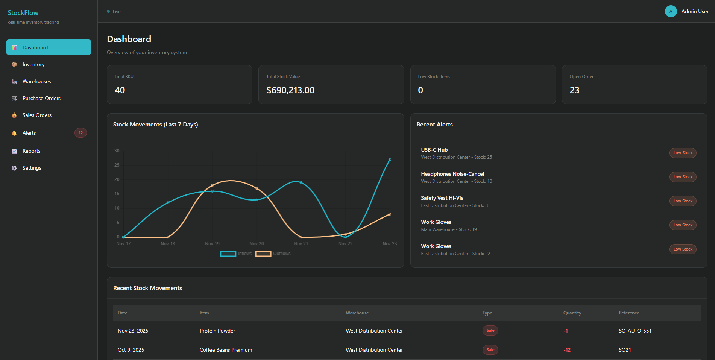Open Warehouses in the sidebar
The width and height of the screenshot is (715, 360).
(x=36, y=81)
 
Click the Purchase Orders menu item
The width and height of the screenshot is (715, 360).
(x=41, y=98)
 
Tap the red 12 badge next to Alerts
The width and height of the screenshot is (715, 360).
(x=80, y=133)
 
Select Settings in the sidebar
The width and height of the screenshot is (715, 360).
(x=32, y=168)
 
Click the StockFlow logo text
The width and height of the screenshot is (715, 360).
(x=23, y=13)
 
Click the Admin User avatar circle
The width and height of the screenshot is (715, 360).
(x=671, y=11)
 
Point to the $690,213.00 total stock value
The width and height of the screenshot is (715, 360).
(x=290, y=90)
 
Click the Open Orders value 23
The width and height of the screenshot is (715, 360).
(x=574, y=90)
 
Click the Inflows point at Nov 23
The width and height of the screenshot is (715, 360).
(x=390, y=159)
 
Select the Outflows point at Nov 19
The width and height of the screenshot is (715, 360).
(x=212, y=185)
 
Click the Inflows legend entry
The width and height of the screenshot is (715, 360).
(x=236, y=254)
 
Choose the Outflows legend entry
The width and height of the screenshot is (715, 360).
(x=273, y=254)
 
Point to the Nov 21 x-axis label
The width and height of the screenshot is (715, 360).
(x=301, y=244)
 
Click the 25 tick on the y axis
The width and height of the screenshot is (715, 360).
(x=117, y=165)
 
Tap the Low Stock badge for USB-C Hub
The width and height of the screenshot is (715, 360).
(x=683, y=153)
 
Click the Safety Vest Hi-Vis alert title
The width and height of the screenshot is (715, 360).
(x=442, y=198)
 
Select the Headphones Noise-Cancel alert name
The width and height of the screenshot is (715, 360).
(x=452, y=174)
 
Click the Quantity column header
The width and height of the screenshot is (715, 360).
(x=572, y=313)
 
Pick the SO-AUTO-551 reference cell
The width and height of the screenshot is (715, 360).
(x=635, y=331)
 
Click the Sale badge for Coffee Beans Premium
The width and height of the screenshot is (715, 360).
(x=490, y=350)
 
